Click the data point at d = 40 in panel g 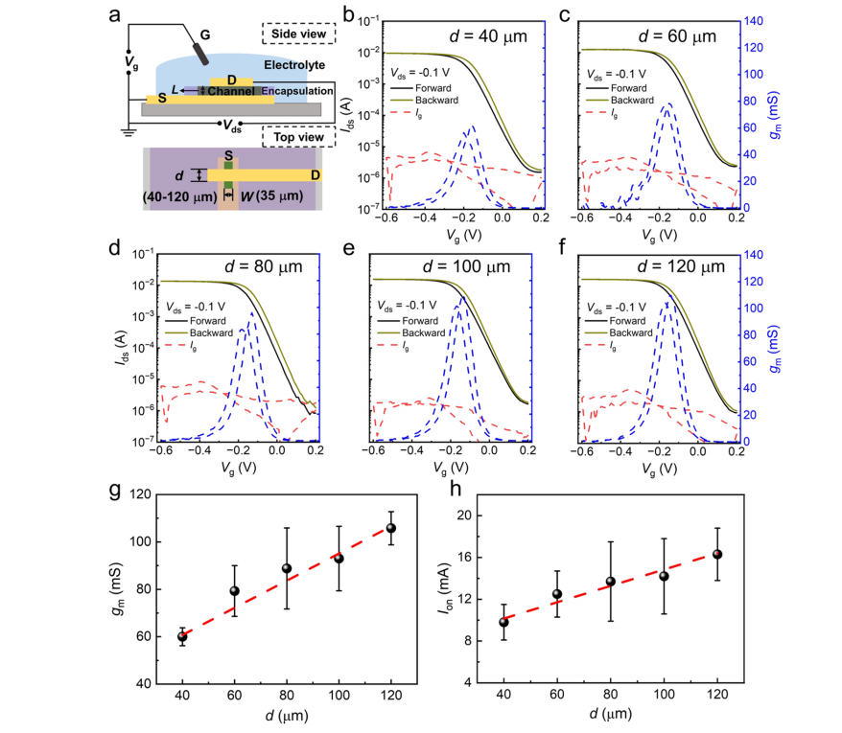(182, 636)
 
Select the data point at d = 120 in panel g (390, 528)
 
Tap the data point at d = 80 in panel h (609, 582)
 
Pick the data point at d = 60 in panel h (556, 594)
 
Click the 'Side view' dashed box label (298, 34)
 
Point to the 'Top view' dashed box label (298, 137)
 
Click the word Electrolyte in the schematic (295, 64)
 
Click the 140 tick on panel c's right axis (751, 21)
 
